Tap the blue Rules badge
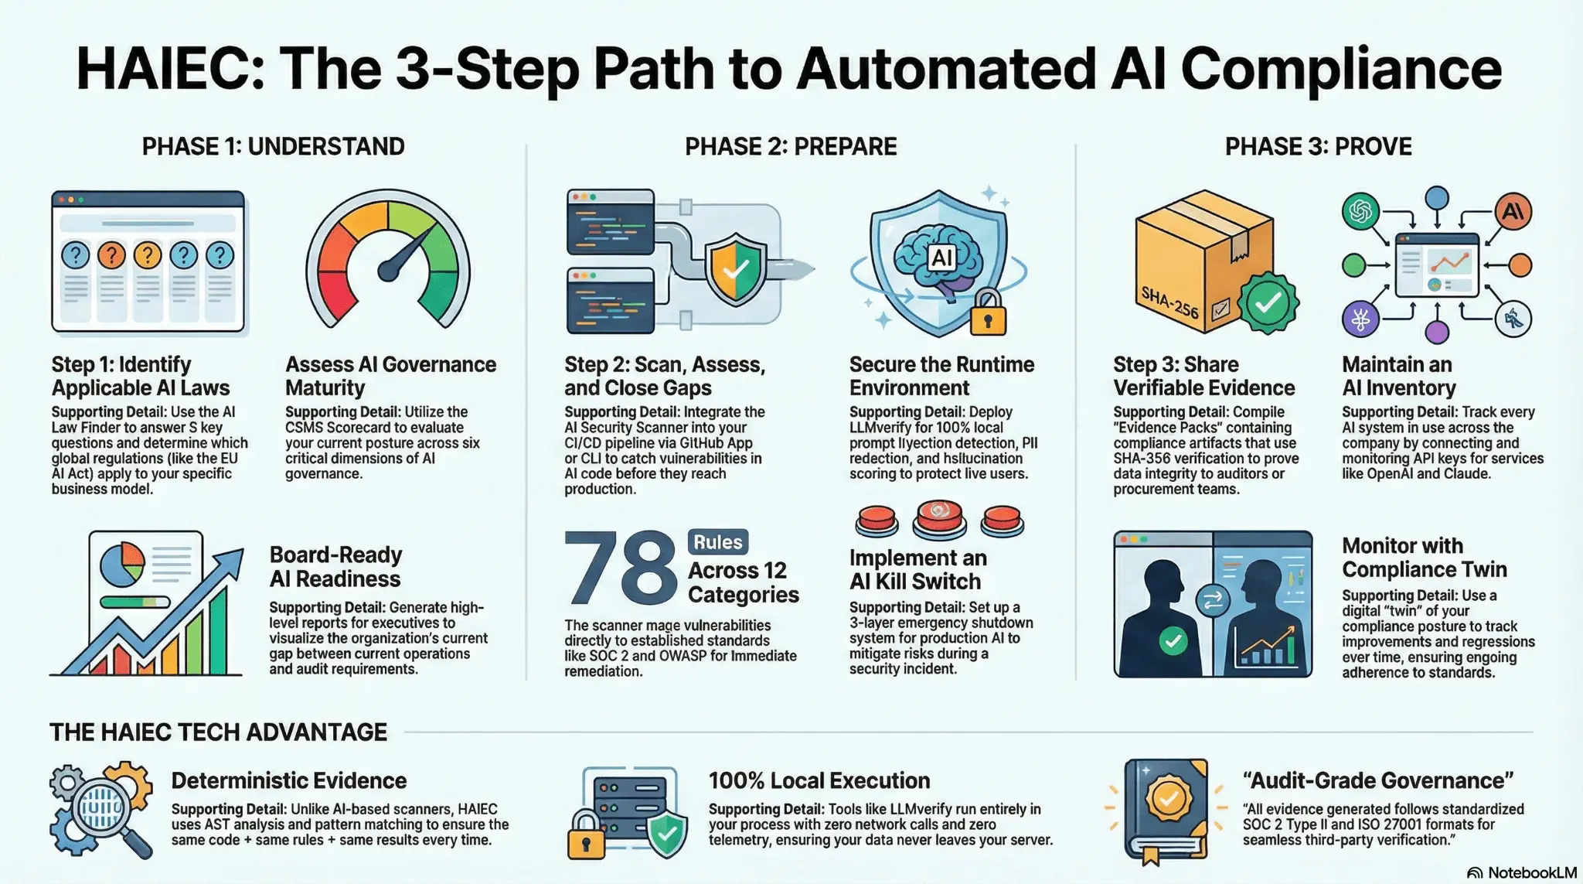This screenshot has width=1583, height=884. pyautogui.click(x=717, y=542)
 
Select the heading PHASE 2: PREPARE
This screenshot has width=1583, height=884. pyautogui.click(x=791, y=146)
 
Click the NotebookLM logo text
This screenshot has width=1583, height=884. pyautogui.click(x=1522, y=872)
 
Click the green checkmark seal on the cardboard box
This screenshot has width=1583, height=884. pyautogui.click(x=1268, y=303)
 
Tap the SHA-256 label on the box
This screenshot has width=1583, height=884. pyautogui.click(x=1169, y=302)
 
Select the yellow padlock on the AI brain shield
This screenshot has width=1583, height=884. pyautogui.click(x=988, y=312)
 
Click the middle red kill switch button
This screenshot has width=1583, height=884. pyautogui.click(x=939, y=520)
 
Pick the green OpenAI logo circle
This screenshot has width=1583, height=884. pyautogui.click(x=1360, y=211)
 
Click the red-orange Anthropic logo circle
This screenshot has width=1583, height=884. pyautogui.click(x=1513, y=211)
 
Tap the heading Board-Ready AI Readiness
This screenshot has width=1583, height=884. pyautogui.click(x=335, y=567)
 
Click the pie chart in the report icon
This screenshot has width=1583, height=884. pyautogui.click(x=122, y=564)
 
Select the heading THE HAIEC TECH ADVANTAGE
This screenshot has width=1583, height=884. pyautogui.click(x=218, y=732)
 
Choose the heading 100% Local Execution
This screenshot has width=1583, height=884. pyautogui.click(x=819, y=780)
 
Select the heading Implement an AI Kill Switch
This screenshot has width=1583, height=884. pyautogui.click(x=918, y=570)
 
